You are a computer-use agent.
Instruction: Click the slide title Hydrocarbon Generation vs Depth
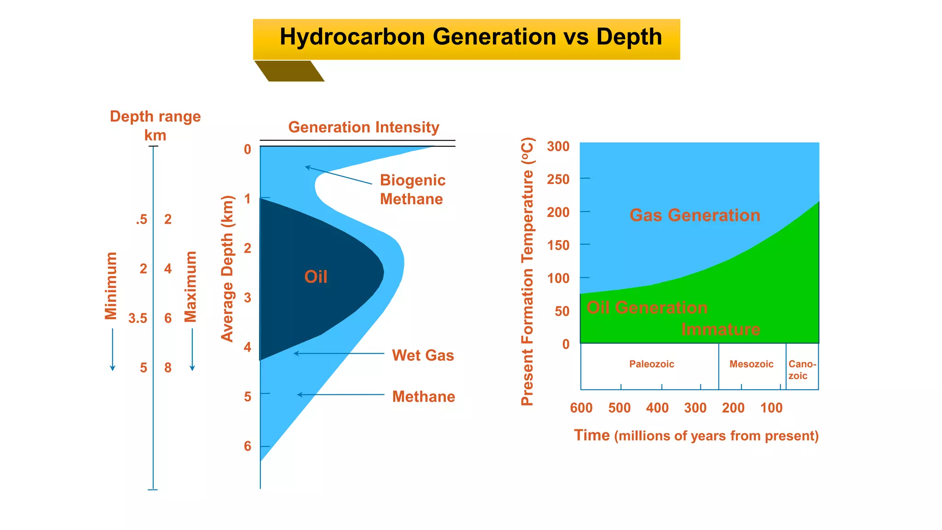(470, 37)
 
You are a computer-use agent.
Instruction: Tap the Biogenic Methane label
(412, 190)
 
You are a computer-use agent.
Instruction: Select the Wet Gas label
(423, 355)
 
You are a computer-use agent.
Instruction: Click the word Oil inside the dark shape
(316, 277)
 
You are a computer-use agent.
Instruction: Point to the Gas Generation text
(695, 215)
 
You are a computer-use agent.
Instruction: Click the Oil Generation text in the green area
(646, 308)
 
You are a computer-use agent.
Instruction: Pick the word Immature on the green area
(720, 329)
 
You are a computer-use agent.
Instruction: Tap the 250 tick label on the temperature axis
(558, 179)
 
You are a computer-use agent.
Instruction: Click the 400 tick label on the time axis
(657, 408)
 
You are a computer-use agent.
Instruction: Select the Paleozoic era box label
(651, 364)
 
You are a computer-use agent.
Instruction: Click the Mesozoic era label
(751, 364)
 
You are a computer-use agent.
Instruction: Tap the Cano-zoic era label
(802, 370)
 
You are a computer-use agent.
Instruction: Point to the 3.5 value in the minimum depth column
(138, 318)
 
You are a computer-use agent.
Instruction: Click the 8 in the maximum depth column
(168, 368)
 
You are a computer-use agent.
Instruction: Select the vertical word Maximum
(190, 286)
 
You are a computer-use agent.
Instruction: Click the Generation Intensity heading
(363, 127)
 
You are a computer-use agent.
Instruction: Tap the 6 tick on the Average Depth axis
(248, 446)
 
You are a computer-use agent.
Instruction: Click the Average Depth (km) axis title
(228, 269)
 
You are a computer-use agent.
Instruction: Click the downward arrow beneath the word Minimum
(113, 350)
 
